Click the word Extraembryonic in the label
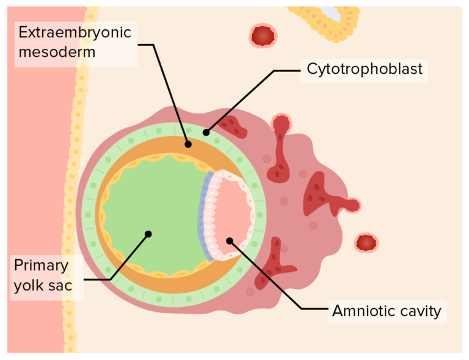(x=75, y=32)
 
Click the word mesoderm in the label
(x=56, y=51)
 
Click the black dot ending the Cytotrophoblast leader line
(x=206, y=132)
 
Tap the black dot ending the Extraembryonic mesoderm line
(x=188, y=145)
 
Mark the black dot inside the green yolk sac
(x=148, y=233)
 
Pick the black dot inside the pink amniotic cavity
(x=230, y=240)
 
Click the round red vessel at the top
(x=263, y=36)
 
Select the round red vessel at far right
(x=366, y=243)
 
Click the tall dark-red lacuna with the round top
(x=282, y=146)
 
